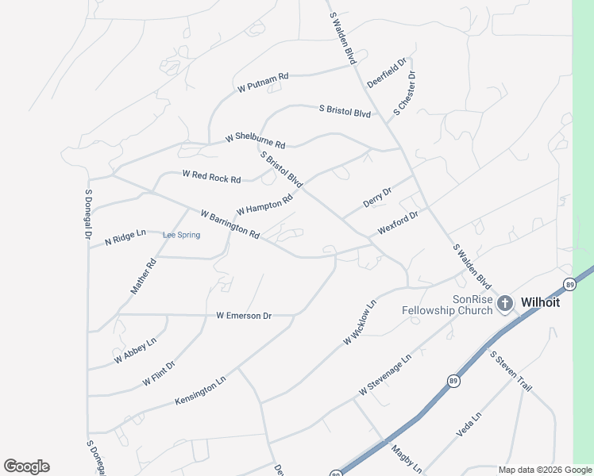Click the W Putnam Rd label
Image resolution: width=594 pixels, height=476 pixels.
[x=262, y=83]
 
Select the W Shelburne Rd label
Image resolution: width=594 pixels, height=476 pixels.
[x=255, y=141]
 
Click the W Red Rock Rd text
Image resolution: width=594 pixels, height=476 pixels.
[x=211, y=176]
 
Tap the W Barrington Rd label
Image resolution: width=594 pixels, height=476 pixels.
[x=230, y=225]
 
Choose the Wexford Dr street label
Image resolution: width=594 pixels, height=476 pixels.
[x=397, y=221]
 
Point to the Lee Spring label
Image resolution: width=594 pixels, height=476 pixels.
[x=181, y=235]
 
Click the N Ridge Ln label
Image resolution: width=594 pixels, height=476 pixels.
[x=119, y=238]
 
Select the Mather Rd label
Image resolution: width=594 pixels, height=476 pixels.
[x=144, y=276]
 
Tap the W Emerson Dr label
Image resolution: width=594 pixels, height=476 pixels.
[x=244, y=316]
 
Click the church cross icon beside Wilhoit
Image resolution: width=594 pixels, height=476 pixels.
[x=504, y=302]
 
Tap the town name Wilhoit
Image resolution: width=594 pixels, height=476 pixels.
[x=541, y=302]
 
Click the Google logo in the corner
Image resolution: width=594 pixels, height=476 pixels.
[x=26, y=466]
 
